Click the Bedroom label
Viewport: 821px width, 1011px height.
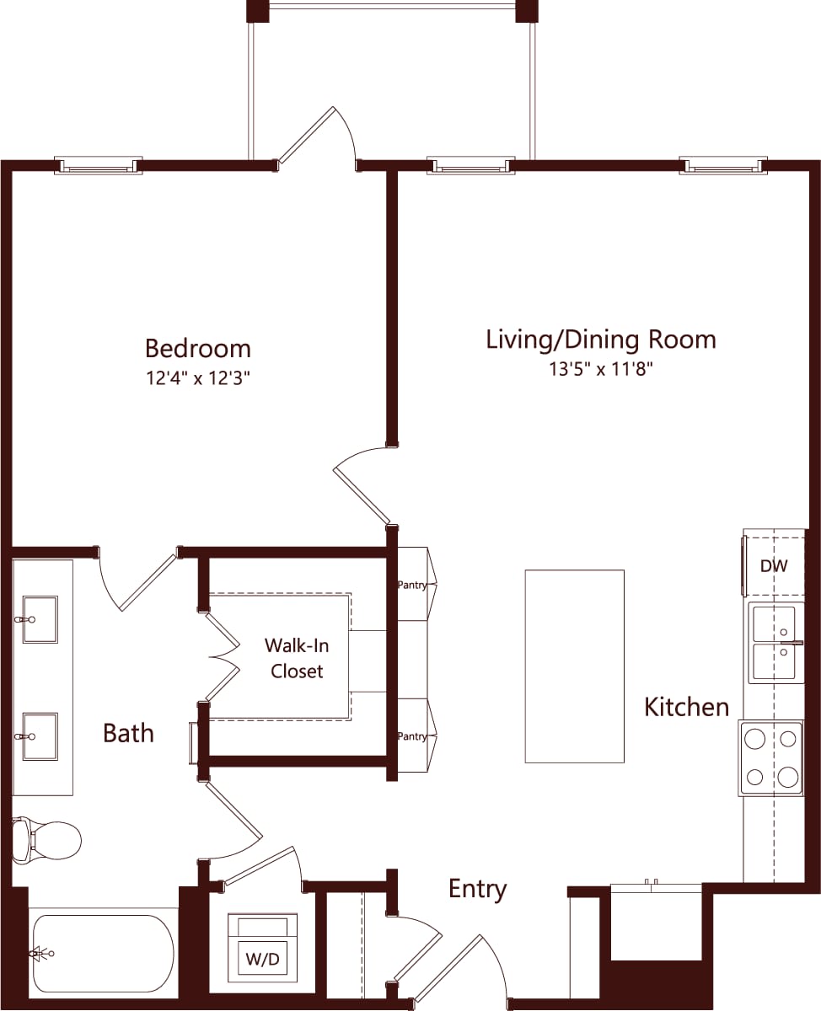click(198, 348)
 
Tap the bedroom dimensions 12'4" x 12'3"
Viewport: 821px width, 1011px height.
click(198, 378)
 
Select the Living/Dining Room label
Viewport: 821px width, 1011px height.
click(601, 339)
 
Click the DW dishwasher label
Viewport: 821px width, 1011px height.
click(774, 566)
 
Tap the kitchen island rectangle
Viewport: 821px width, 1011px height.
click(574, 666)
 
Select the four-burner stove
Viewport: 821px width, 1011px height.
click(770, 757)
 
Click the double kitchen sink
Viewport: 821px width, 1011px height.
click(773, 645)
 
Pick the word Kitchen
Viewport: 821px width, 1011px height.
click(686, 707)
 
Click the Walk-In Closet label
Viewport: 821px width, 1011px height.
click(296, 658)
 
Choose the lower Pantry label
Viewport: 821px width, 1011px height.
click(412, 736)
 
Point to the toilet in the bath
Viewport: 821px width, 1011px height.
click(47, 838)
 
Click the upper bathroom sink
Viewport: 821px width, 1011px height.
click(40, 619)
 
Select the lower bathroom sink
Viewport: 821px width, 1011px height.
click(40, 736)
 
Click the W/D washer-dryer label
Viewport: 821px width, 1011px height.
click(262, 959)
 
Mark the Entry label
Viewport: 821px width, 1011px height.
click(477, 889)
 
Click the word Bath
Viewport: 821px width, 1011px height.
click(128, 733)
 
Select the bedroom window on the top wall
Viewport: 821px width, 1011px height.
click(98, 166)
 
